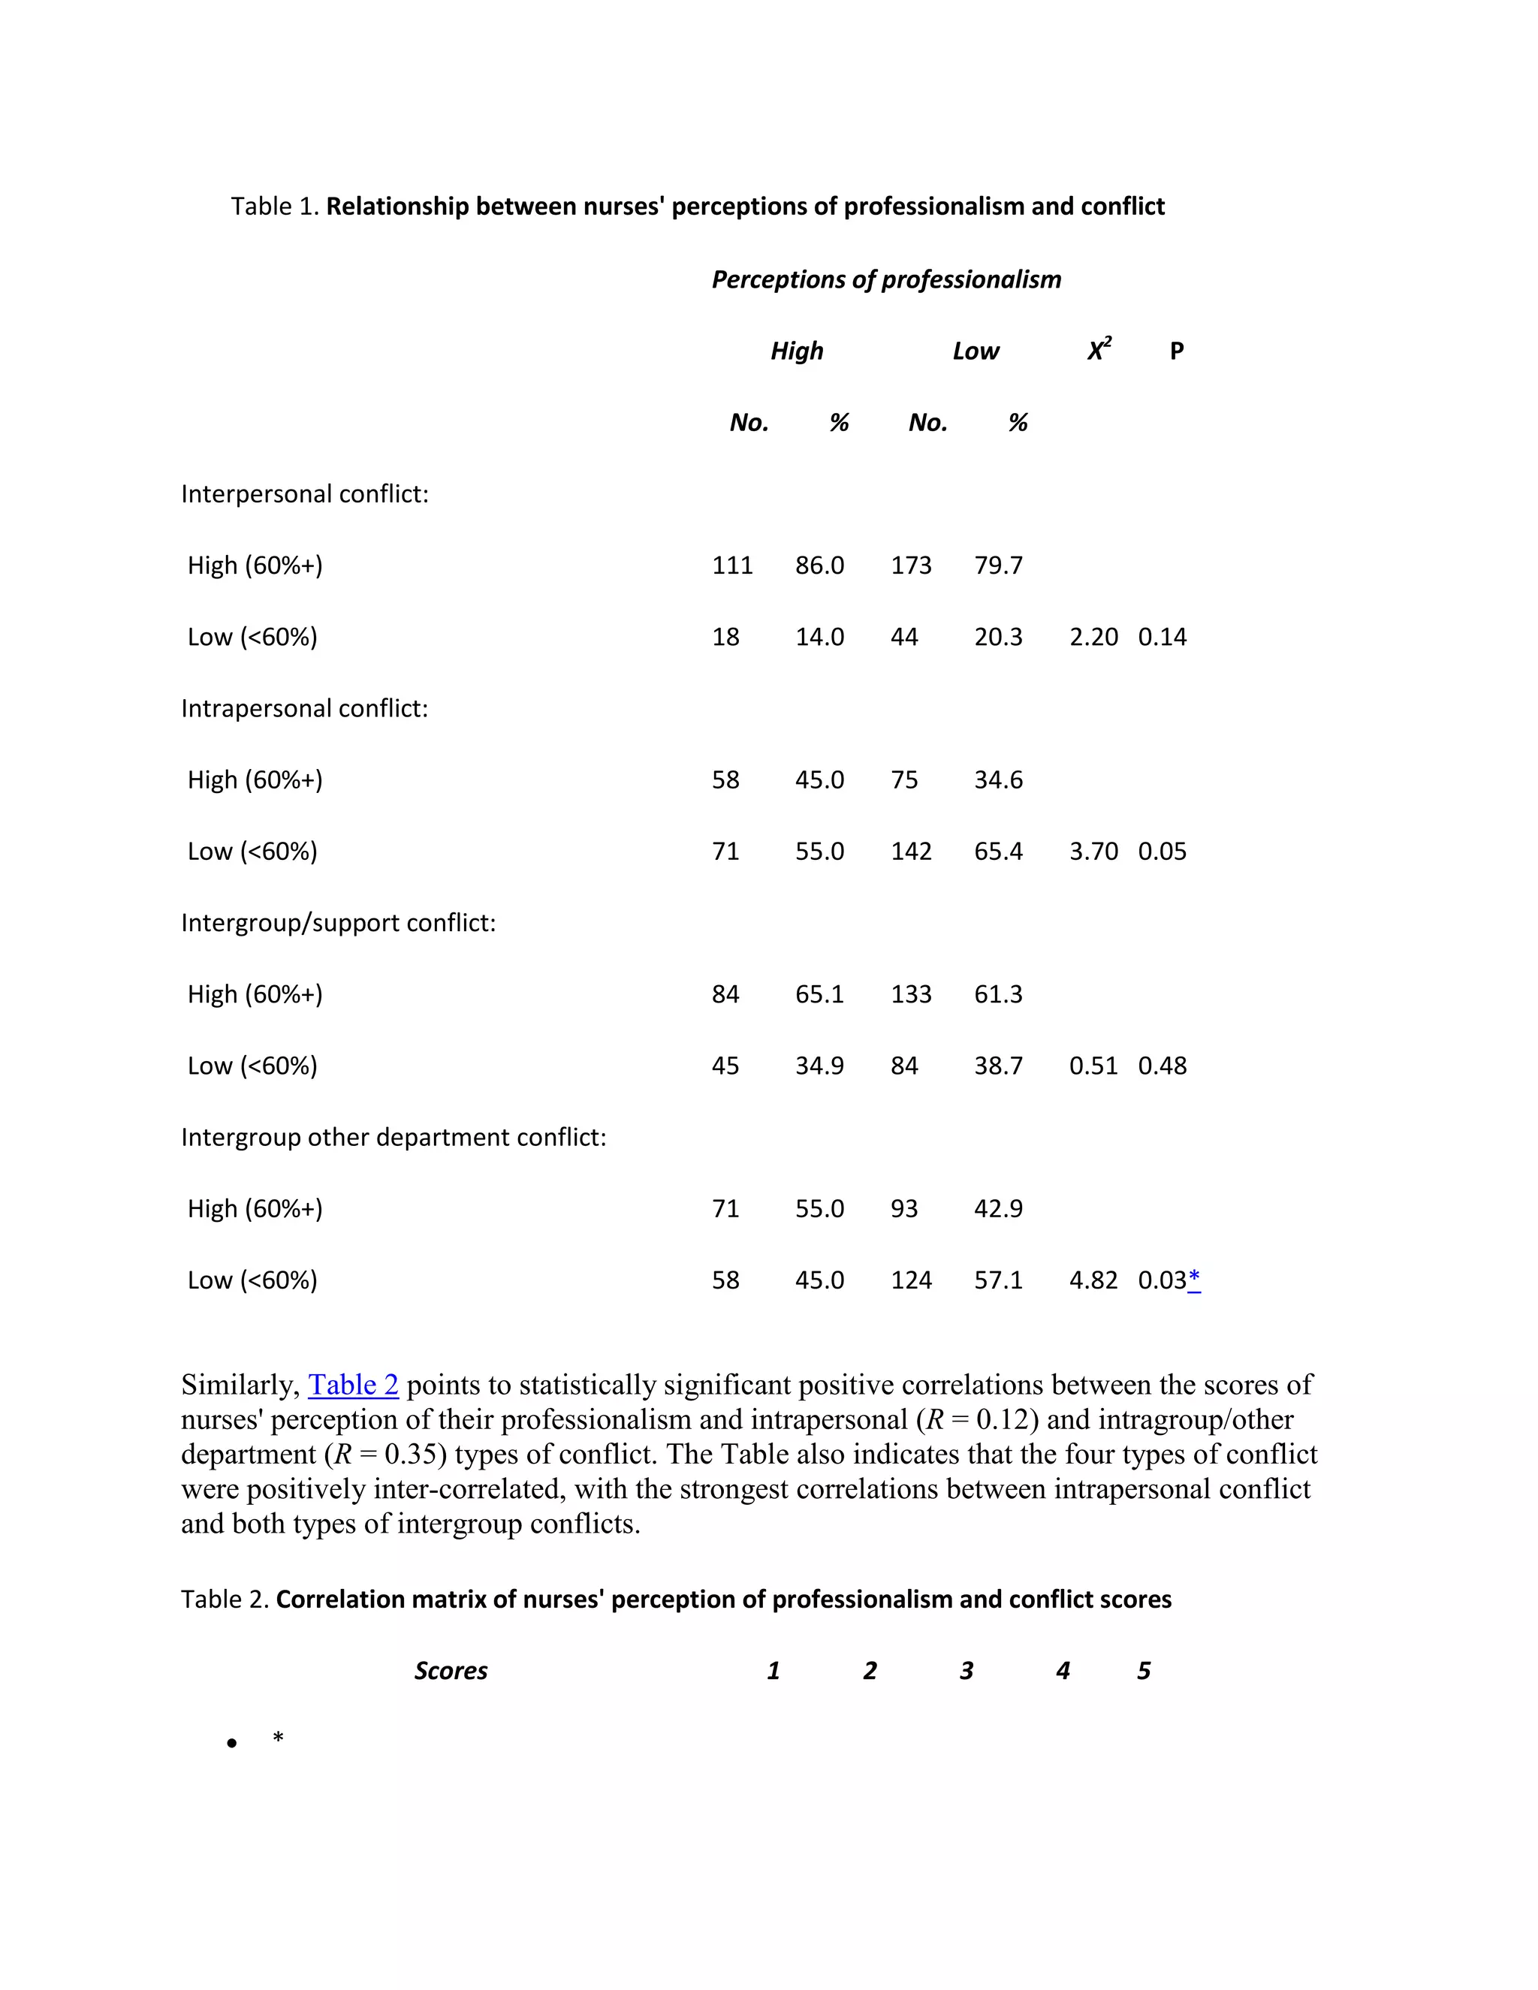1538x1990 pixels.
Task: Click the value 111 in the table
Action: coord(731,566)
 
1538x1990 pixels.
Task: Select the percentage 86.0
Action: coord(819,566)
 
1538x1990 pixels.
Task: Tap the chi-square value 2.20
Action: coord(1093,637)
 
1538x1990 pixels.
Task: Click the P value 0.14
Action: coord(1162,637)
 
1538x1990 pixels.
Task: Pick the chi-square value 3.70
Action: coord(1093,852)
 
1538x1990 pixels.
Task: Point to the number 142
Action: coord(910,852)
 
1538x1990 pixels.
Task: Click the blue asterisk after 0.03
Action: coord(1195,1280)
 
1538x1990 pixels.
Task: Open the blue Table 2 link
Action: coord(354,1385)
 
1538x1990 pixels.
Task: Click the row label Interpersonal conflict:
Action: coord(304,494)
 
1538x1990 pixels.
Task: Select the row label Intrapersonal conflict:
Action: coord(304,709)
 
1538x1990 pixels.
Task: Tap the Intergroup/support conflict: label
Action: coord(338,923)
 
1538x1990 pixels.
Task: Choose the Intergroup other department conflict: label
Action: coord(393,1138)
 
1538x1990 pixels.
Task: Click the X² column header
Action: coord(1099,351)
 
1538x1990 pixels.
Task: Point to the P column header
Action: coord(1176,351)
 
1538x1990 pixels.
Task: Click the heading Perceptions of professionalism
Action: coord(885,280)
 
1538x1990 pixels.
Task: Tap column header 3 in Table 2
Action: coord(966,1671)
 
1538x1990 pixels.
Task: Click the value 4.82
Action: coord(1093,1281)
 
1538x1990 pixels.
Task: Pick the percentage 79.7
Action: coord(998,566)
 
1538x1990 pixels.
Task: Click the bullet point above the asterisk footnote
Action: coord(232,1744)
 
